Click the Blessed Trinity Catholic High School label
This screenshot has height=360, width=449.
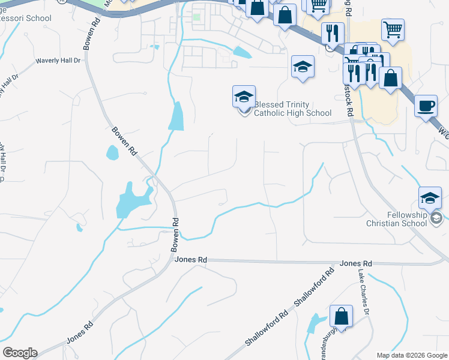coord(292,109)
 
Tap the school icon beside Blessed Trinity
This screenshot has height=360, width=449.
coord(244,97)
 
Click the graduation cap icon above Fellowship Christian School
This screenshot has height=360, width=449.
coord(430,198)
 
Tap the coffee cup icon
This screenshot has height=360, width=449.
coord(426,106)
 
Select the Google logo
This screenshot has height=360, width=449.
coord(20,353)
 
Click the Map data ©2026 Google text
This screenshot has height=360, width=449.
coord(411,355)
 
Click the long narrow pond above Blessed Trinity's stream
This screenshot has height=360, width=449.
coord(176,116)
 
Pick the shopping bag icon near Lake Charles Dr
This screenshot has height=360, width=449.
coord(341,316)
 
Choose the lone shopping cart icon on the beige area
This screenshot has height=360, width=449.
coord(393,29)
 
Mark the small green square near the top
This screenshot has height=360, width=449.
coord(196,17)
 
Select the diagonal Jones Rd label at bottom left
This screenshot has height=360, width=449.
coord(79,332)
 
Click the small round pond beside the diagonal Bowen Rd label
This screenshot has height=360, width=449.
coord(112,153)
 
